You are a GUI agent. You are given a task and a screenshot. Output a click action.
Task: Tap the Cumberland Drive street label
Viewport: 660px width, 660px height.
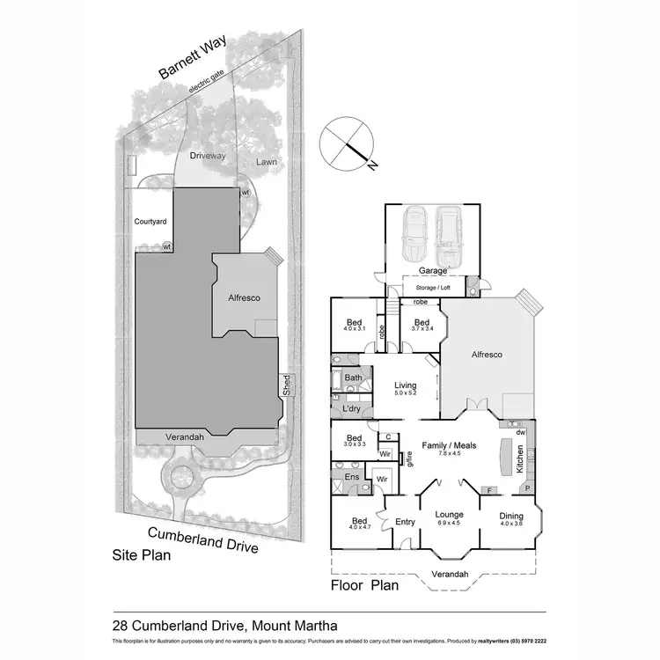click(x=202, y=539)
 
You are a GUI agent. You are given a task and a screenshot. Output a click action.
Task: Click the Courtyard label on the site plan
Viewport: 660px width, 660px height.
click(x=150, y=222)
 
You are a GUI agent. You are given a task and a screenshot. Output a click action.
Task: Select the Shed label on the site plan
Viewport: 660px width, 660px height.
click(x=285, y=385)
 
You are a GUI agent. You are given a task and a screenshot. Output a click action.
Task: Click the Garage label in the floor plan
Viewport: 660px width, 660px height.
click(x=432, y=271)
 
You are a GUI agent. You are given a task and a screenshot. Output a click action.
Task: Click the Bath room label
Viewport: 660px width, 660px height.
click(x=353, y=378)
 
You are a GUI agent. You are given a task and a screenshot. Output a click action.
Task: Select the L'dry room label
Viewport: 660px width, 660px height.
click(x=349, y=409)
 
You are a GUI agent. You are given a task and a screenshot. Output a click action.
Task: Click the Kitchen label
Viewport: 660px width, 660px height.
click(x=520, y=458)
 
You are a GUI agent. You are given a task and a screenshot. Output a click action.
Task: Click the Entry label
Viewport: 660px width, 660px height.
click(x=405, y=522)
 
